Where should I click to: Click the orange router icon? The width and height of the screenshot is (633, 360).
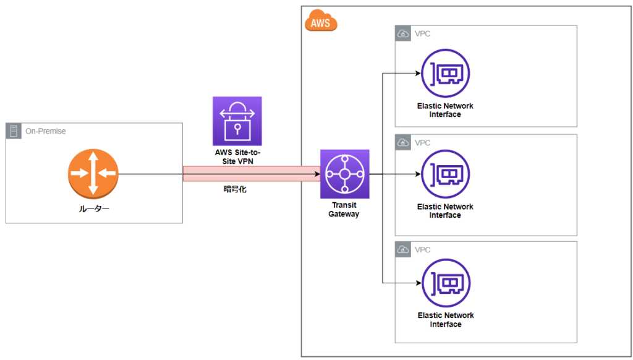click(93, 174)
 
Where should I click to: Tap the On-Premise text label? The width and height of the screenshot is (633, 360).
click(45, 131)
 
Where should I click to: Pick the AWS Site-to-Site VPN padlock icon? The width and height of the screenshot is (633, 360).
click(237, 121)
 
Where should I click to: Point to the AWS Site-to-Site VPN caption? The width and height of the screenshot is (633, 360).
click(237, 156)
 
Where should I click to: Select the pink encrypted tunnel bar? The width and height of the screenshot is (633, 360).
click(251, 174)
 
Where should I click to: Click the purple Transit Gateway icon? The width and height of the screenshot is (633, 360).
click(344, 174)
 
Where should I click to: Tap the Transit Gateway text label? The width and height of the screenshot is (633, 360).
click(344, 210)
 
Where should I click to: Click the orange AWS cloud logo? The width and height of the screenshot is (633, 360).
click(321, 22)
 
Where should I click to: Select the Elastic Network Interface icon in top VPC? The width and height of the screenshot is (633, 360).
click(445, 74)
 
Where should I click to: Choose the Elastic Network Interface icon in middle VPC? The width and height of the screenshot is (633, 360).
click(445, 174)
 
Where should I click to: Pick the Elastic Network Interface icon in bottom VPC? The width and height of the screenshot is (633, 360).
click(445, 283)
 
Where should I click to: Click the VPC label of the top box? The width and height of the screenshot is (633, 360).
click(423, 34)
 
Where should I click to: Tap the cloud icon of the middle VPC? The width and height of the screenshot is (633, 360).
click(403, 143)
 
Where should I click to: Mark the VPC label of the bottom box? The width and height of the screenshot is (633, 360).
click(423, 250)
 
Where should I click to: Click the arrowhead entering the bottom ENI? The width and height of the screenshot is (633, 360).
click(417, 283)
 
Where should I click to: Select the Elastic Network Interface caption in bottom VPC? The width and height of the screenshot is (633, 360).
click(445, 320)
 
